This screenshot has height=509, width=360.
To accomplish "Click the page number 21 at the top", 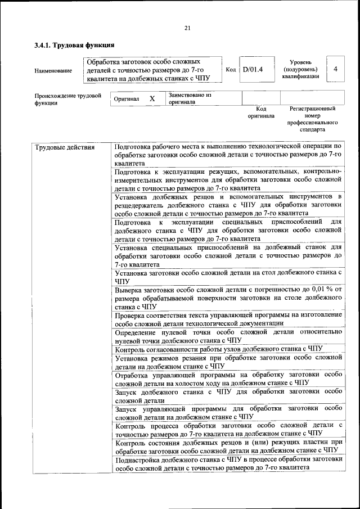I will (x=187, y=28).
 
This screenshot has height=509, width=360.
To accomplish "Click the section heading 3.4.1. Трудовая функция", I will (x=74, y=45).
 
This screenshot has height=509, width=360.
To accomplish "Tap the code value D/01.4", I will (x=253, y=70).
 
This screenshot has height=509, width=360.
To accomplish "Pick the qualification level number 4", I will (x=335, y=69).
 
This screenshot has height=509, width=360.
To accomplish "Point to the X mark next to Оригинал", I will (x=152, y=98).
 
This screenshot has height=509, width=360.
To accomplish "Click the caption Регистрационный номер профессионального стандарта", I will (x=313, y=119).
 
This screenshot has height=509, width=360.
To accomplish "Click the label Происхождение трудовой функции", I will (x=67, y=99).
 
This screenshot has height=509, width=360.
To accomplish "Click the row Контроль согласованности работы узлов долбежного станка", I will (x=227, y=349).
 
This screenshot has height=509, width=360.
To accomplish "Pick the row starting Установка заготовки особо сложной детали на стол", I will (x=228, y=276).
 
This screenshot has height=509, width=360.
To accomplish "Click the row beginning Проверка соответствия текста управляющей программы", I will (x=228, y=318).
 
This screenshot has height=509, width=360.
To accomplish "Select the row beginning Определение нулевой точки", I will (x=228, y=336).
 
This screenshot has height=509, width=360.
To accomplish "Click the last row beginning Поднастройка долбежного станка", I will (x=228, y=463).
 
